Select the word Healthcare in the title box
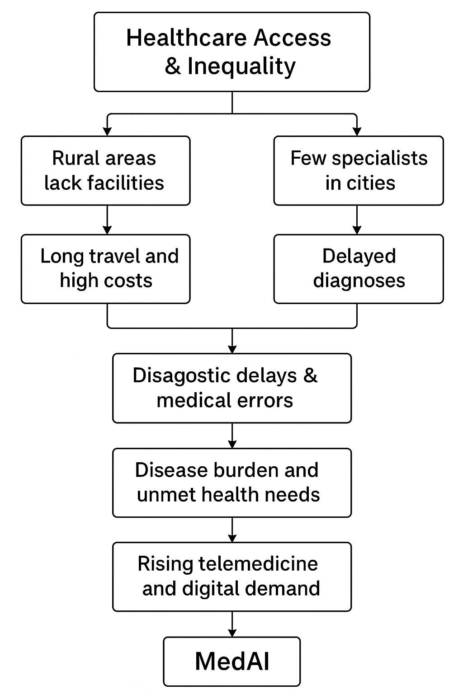coord(186,38)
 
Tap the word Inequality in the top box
coord(241,66)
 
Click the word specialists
coord(380,159)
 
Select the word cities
coord(371,183)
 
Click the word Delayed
coord(359,257)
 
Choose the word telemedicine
coord(258,564)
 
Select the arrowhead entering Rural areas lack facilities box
coord(107,131)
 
